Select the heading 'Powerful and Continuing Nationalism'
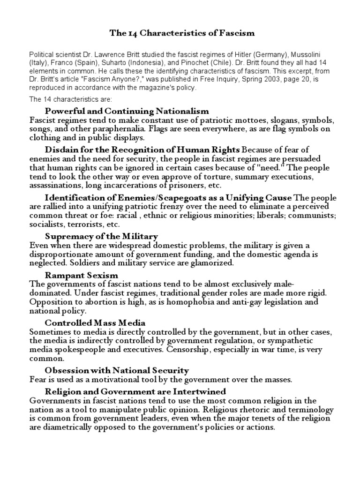coord(127,111)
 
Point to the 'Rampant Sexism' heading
coord(82,275)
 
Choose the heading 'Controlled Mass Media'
coord(95,322)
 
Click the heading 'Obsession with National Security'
coord(117,370)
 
